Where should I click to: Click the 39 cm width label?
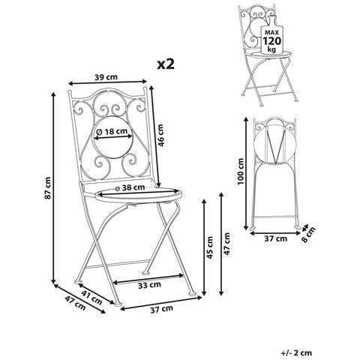pos(106,77)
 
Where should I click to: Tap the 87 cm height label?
pos(47,187)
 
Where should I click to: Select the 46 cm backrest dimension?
pos(160,135)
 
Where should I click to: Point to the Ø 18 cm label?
pos(112,131)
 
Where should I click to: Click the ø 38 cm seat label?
pos(130,187)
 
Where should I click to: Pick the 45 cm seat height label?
pos(210,247)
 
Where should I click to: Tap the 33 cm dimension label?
pos(149,285)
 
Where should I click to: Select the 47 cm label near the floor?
pos(75,303)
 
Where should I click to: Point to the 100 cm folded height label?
pos(241,171)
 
